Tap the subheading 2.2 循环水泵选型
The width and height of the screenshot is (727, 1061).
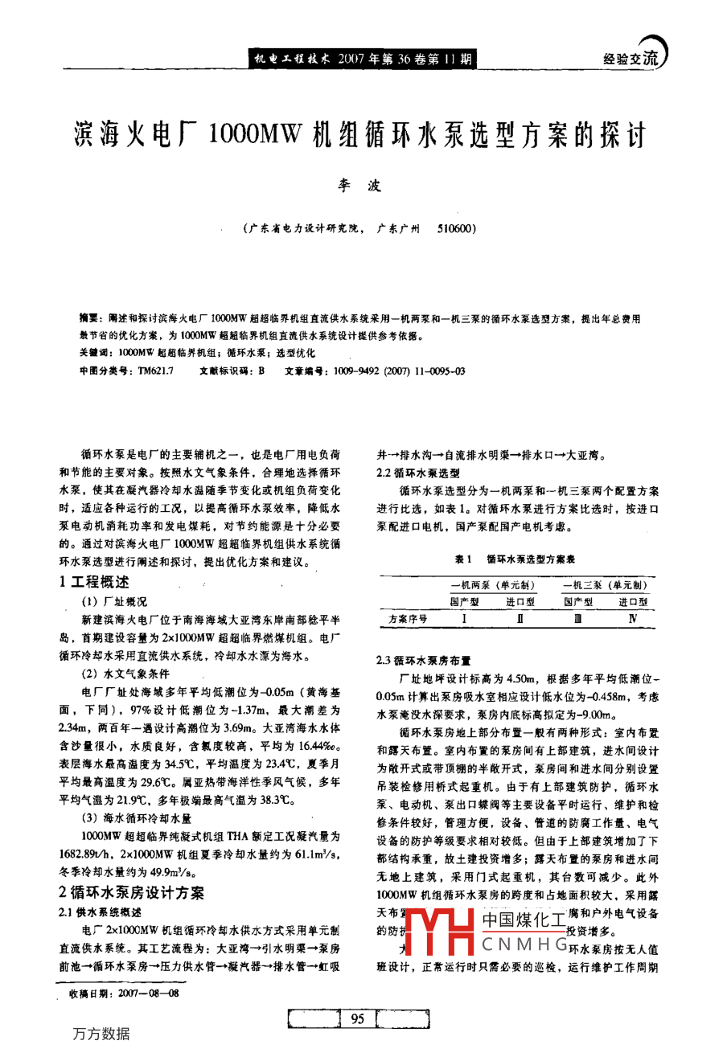(x=418, y=473)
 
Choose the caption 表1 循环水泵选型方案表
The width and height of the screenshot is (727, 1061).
(x=515, y=559)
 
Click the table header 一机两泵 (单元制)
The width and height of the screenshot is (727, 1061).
(x=492, y=585)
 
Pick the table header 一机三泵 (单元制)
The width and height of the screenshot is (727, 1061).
(x=605, y=585)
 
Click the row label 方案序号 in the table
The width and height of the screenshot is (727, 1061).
(x=408, y=619)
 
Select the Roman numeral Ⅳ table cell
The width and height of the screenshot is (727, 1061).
(x=633, y=619)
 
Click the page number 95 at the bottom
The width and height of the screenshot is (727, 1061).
(x=358, y=1019)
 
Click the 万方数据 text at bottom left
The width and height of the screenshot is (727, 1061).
(x=101, y=1034)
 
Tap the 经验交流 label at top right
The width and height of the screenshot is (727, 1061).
(x=630, y=59)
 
